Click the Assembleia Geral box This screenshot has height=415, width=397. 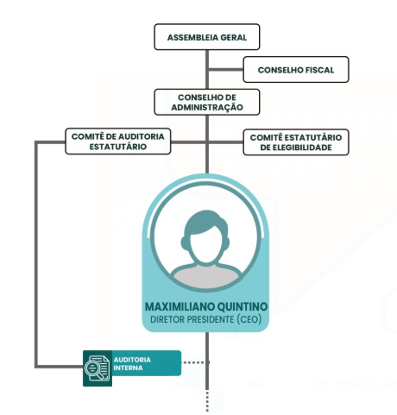point(207,37)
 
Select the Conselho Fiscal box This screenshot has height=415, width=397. point(296,70)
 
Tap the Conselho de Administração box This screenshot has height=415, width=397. point(207,102)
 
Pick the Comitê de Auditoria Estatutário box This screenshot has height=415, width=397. point(118,141)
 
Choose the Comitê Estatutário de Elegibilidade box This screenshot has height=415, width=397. point(296,142)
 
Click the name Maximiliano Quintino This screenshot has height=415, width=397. point(206,306)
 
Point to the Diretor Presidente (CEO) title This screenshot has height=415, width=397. point(205,319)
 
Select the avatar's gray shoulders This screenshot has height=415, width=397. point(205,278)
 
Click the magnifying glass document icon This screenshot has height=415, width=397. point(98,368)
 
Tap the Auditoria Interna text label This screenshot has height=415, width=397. point(132,364)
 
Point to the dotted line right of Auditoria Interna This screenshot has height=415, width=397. point(196,362)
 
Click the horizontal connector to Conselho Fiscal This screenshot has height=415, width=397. point(225,69)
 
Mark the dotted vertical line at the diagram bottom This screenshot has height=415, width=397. point(207,401)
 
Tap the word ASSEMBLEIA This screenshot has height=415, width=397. point(192,37)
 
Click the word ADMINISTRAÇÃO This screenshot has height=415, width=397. point(207,107)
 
